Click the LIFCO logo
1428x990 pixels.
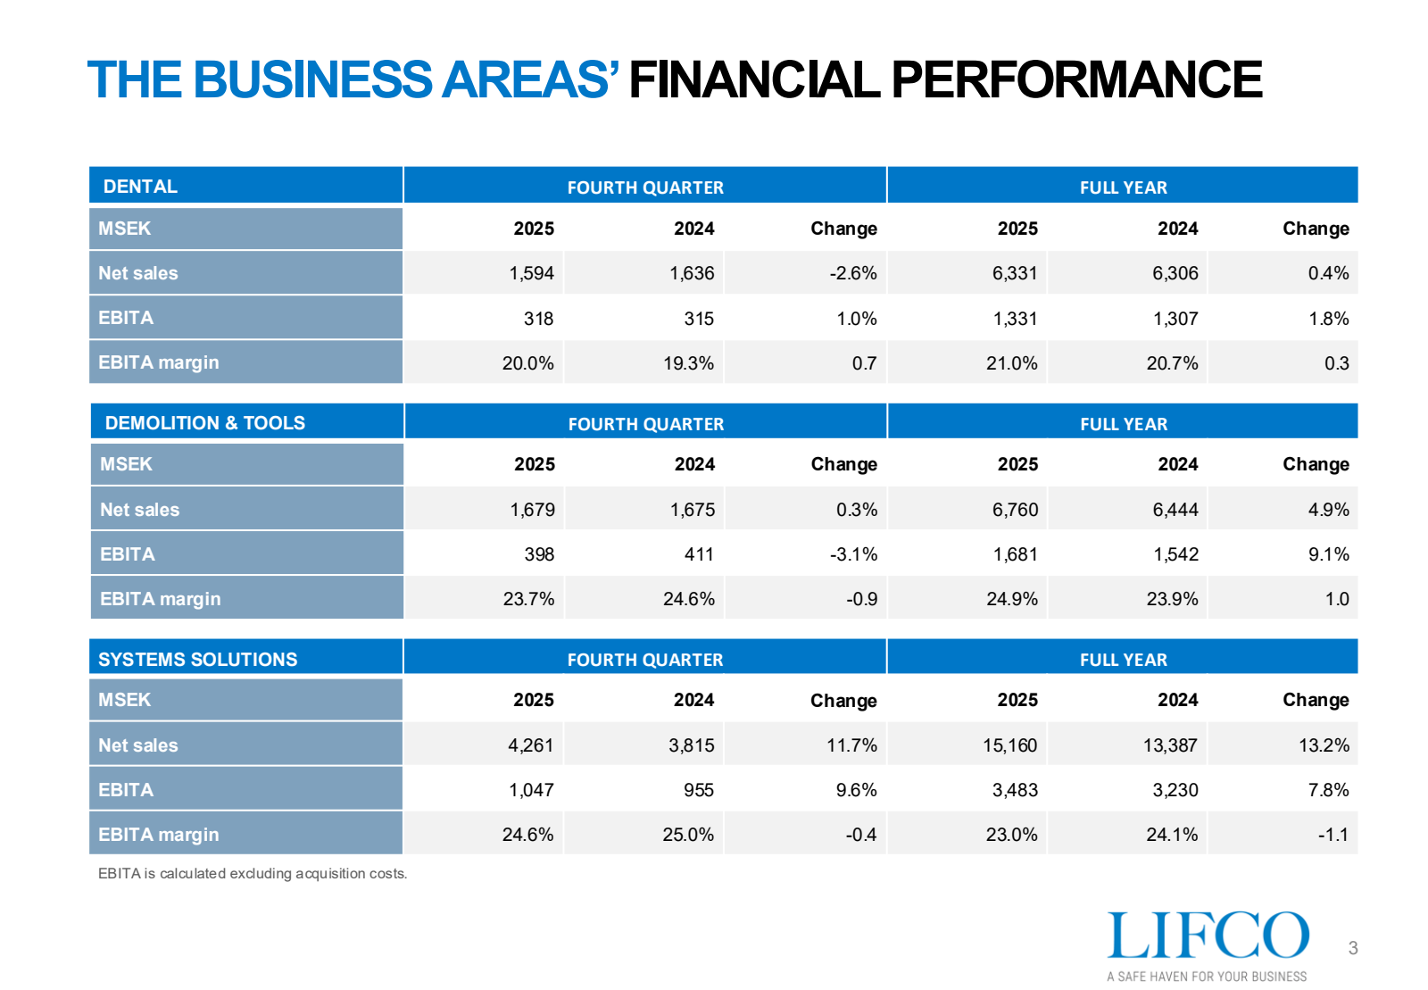1208,936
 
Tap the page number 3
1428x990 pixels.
1353,948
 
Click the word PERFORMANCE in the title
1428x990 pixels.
1076,79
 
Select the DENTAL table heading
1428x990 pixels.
140,187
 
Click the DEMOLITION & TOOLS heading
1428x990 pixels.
204,423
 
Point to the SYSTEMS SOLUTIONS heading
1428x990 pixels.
197,660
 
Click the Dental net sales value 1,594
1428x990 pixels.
531,273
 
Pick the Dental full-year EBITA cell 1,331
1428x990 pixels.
1015,319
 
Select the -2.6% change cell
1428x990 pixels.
852,273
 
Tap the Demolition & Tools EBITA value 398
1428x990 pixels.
539,554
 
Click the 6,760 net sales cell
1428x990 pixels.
1015,510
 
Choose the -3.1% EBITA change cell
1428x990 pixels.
853,554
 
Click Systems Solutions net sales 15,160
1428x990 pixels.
1009,745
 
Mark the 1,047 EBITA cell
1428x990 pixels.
531,790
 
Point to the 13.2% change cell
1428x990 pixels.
1324,745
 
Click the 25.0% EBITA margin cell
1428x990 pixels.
688,835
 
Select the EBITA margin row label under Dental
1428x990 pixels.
158,362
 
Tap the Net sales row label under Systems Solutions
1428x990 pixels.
138,745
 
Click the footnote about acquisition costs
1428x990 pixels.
253,873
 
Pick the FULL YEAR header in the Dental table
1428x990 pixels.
1123,187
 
